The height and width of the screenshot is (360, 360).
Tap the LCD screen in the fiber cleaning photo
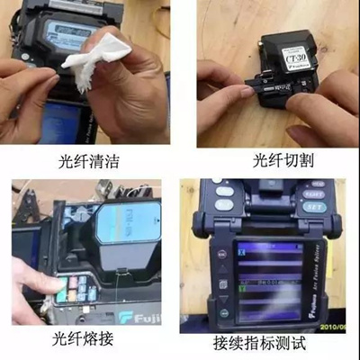coord(68,33)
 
